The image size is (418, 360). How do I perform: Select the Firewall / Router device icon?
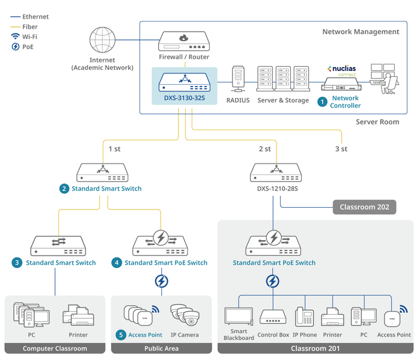click(x=185, y=41)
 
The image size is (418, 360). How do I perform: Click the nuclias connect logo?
click(x=342, y=69)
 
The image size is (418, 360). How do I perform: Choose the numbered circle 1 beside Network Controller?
click(x=322, y=102)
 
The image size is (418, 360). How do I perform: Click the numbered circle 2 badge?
click(x=64, y=189)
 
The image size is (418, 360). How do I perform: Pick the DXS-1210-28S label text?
click(x=276, y=189)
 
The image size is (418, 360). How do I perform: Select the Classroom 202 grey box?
click(x=364, y=208)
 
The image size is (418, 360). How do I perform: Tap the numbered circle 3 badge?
click(x=18, y=263)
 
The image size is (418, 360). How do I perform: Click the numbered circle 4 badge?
click(x=117, y=263)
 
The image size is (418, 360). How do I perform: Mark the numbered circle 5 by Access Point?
click(x=121, y=335)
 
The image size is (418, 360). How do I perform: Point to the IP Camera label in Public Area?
click(x=185, y=335)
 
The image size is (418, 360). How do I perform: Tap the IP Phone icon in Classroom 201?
click(x=305, y=316)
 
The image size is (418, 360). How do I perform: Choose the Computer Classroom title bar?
click(x=55, y=349)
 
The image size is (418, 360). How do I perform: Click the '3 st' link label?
click(x=341, y=149)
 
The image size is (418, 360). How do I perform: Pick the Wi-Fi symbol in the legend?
click(x=15, y=36)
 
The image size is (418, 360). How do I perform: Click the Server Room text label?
click(x=377, y=122)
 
